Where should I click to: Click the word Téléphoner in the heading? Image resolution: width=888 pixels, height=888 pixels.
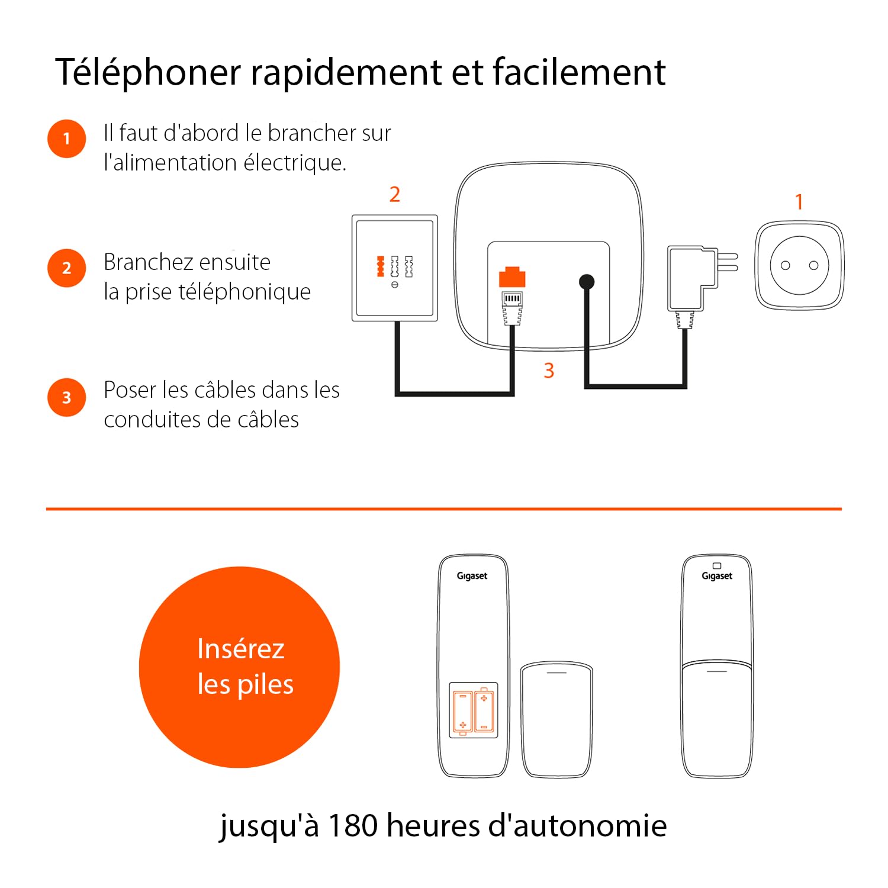(x=148, y=72)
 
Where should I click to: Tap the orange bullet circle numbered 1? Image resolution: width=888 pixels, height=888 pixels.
(x=67, y=139)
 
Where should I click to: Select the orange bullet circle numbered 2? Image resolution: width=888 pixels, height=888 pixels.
(x=67, y=268)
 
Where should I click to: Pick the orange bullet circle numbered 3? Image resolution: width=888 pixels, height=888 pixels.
(x=67, y=397)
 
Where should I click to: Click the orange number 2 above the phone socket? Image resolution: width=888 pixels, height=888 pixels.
(x=395, y=195)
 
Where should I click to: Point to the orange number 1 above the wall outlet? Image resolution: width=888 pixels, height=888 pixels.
(x=799, y=202)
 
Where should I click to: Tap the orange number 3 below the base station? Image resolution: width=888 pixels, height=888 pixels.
(x=549, y=371)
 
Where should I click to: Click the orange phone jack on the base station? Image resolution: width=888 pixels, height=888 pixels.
(x=512, y=278)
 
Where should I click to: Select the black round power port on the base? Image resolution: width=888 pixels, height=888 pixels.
(x=586, y=282)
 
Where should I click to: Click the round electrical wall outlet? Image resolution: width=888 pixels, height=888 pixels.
(x=799, y=265)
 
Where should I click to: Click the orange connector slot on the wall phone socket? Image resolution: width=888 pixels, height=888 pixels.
(x=381, y=266)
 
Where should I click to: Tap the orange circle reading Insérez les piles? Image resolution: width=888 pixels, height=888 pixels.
(x=240, y=667)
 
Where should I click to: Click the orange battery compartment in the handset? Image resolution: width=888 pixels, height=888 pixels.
(x=474, y=710)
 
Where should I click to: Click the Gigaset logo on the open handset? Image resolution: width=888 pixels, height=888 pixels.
(x=472, y=576)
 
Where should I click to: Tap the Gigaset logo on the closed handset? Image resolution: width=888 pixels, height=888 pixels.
(x=717, y=576)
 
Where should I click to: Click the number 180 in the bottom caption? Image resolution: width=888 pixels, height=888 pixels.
(x=353, y=825)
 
